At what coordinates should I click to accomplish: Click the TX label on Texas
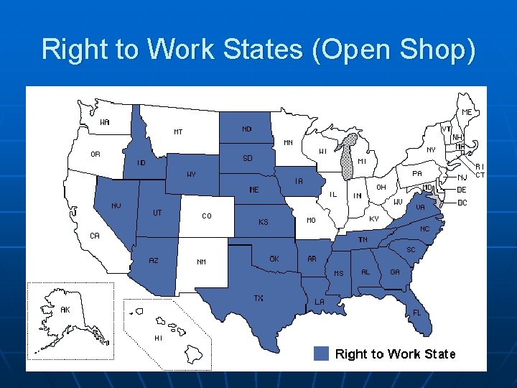258,298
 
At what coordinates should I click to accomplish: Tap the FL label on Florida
416,313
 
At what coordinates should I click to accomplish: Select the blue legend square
322,354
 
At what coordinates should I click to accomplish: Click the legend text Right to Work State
395,354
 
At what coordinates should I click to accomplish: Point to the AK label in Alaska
65,310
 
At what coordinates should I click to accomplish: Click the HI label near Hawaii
159,338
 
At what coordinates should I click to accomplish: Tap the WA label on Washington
105,122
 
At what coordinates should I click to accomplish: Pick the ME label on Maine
467,112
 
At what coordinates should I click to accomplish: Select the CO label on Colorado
207,215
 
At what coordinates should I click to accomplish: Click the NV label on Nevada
116,205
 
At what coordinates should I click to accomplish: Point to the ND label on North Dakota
247,129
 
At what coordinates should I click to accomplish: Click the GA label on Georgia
395,272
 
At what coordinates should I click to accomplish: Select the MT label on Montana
178,131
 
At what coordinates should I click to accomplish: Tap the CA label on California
94,235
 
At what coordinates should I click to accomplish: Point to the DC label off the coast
462,203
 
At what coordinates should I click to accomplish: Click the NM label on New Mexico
202,262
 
